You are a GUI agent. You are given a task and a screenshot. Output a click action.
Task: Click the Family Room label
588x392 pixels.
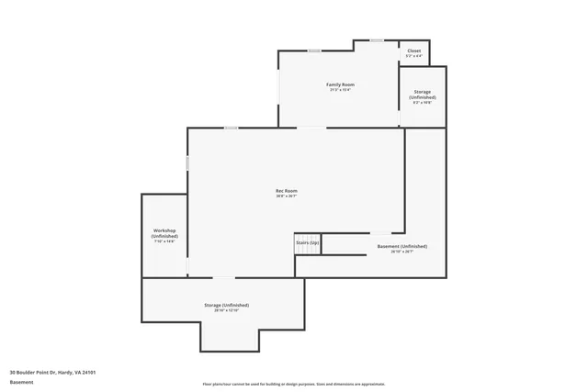click(x=340, y=84)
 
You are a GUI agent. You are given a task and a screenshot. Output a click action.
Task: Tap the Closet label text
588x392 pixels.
click(x=414, y=50)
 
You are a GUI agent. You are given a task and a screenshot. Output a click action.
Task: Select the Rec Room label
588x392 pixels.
click(x=287, y=190)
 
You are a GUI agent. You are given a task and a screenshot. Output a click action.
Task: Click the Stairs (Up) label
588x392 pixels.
click(x=307, y=242)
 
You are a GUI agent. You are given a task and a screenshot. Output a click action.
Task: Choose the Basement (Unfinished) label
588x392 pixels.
click(x=402, y=246)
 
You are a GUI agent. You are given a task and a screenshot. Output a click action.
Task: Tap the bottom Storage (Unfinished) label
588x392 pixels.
click(x=226, y=305)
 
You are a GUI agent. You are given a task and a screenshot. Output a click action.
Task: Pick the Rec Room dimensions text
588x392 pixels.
click(x=287, y=196)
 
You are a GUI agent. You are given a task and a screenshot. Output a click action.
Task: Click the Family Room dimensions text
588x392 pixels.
click(x=340, y=90)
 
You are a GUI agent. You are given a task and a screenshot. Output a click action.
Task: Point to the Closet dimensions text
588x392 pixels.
click(x=414, y=56)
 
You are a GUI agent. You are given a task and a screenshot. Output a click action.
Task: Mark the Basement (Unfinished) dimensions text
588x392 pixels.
click(x=402, y=252)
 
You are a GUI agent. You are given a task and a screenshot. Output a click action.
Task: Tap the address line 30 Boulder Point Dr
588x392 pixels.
click(x=53, y=372)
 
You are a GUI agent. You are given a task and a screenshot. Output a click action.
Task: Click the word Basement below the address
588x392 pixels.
click(x=21, y=381)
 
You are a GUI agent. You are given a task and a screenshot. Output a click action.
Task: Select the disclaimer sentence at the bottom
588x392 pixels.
click(x=294, y=384)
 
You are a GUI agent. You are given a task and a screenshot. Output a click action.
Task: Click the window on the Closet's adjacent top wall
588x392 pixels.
click(x=377, y=39)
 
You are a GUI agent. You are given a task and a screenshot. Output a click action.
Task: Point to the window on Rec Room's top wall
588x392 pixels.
click(x=232, y=128)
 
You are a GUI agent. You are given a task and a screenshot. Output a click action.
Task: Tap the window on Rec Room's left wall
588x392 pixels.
click(x=188, y=163)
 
